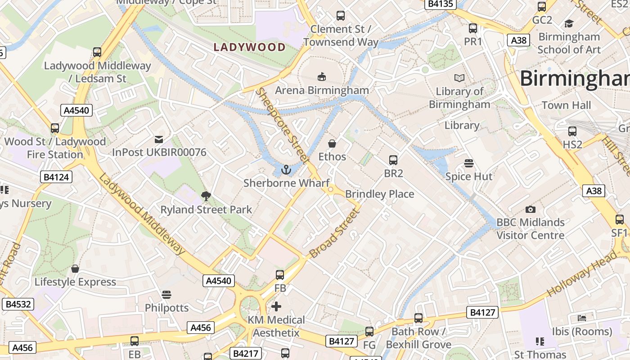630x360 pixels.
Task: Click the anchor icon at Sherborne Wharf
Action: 285,170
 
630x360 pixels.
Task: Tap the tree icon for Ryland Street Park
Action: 206,196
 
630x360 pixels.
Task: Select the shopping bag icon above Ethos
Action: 332,144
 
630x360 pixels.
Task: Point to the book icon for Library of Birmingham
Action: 459,78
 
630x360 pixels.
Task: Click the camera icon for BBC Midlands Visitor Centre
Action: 531,209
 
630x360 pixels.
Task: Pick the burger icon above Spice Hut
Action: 469,163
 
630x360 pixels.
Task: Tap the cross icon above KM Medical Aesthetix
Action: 276,307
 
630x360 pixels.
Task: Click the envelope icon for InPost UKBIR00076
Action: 159,139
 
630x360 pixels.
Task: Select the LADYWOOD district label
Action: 249,47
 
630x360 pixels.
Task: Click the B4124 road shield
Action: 56,177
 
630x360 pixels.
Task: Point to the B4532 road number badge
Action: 18,304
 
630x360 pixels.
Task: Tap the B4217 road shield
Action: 246,354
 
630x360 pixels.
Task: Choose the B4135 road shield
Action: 441,4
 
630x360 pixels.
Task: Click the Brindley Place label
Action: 379,194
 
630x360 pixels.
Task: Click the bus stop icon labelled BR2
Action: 393,160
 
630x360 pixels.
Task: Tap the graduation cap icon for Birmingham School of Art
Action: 569,23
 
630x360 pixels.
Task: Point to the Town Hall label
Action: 566,105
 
